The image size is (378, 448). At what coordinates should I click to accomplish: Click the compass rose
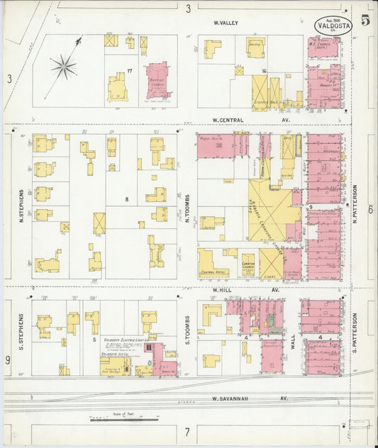[x=64, y=68]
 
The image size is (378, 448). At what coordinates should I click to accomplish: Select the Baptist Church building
[x=158, y=79]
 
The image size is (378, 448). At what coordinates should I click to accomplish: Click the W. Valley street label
[x=226, y=23]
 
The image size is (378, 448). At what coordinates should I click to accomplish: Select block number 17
[x=130, y=70]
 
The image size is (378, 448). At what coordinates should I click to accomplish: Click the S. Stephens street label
[x=21, y=329]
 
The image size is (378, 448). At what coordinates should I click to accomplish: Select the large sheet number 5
[x=365, y=19]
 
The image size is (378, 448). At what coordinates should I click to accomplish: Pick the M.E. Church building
[x=323, y=49]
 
